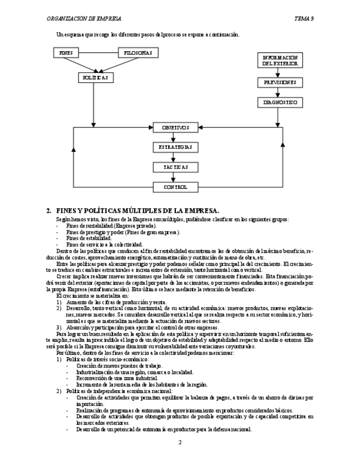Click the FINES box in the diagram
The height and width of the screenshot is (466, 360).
[x=66, y=53]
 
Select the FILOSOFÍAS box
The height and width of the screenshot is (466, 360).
[x=139, y=53]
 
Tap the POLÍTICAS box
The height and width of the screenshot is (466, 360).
[x=96, y=78]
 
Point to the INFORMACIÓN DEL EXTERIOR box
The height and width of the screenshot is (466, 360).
[x=280, y=60]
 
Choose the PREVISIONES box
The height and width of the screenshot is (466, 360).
[x=280, y=82]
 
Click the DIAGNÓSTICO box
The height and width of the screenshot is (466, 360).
[x=280, y=103]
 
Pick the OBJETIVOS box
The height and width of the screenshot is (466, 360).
[x=175, y=127]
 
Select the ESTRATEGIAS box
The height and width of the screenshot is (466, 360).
[x=175, y=147]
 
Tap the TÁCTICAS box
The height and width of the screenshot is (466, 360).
[x=175, y=167]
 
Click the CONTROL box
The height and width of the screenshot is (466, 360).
[x=175, y=187]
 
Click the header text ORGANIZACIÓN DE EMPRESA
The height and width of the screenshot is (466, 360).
[x=84, y=19]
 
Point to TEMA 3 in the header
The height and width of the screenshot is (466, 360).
[x=304, y=19]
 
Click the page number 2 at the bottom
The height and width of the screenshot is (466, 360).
[x=180, y=442]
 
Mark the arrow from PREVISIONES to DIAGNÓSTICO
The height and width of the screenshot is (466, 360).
[x=280, y=93]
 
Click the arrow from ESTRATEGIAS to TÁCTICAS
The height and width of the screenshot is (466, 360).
[x=175, y=157]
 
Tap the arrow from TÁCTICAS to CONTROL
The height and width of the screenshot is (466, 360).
[x=175, y=177]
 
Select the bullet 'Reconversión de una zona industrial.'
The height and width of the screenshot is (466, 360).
[x=117, y=379]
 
